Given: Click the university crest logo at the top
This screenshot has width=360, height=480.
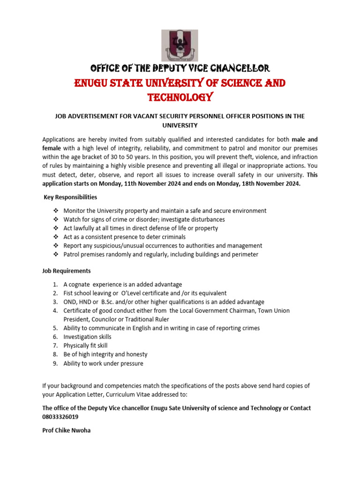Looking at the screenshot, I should tap(180, 45).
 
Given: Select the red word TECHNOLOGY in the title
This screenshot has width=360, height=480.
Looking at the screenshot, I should tap(180, 97).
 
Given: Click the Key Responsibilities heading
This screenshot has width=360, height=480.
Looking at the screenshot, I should tap(70, 197).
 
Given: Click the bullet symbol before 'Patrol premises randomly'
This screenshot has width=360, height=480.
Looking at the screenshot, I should tap(55, 255).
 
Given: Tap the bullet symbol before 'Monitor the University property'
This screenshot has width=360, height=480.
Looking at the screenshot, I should tap(55, 211).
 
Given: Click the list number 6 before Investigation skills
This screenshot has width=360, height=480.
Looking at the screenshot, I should tap(55, 337).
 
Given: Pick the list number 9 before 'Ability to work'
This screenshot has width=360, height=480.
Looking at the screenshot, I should tap(55, 363).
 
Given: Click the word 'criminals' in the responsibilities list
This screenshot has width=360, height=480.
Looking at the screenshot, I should tap(172, 237).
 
